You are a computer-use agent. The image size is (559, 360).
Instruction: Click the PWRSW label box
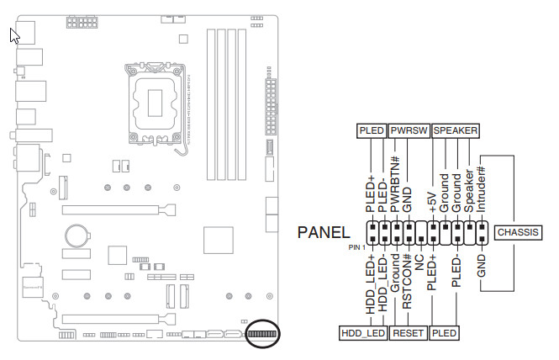(x=409, y=131)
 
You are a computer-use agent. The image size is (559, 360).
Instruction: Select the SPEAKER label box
(x=456, y=131)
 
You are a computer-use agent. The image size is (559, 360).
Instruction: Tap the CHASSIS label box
(x=517, y=232)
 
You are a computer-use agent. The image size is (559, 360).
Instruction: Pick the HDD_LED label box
(x=363, y=333)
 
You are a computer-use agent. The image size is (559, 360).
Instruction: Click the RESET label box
(x=409, y=333)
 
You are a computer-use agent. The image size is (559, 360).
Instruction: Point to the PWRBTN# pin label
(x=396, y=178)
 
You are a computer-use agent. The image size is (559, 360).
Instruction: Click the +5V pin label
(x=432, y=203)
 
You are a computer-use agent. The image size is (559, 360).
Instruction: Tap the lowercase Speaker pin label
(x=469, y=190)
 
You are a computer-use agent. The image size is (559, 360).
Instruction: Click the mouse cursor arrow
(x=13, y=36)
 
